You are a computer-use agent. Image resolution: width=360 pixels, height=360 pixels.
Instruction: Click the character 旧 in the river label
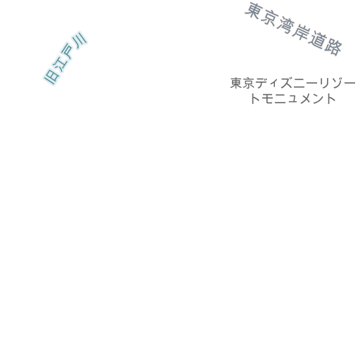point(52,77)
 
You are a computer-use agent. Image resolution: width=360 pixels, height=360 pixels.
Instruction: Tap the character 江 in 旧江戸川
point(60,64)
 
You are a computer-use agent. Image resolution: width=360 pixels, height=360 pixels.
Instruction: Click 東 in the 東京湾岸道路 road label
point(254,11)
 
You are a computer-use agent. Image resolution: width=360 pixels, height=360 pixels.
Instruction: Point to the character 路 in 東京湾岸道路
point(333,48)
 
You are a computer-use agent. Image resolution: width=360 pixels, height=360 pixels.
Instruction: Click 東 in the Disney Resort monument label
point(236,83)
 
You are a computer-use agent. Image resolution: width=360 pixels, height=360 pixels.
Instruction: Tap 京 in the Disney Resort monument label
point(248,83)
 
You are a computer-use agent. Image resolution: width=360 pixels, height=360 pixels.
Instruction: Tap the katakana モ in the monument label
point(268,98)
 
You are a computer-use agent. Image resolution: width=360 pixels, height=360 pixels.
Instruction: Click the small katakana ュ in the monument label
point(292,100)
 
